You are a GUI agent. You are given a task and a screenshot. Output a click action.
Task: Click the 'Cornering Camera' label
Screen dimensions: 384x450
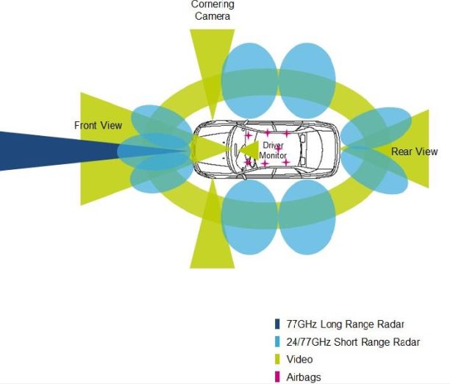[x=213, y=10]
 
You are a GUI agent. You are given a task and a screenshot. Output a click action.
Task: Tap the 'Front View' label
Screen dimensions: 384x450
[x=98, y=126]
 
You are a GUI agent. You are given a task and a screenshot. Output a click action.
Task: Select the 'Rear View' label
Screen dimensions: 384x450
[x=414, y=152]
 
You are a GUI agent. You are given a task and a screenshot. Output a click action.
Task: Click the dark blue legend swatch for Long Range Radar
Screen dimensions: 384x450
[x=277, y=324]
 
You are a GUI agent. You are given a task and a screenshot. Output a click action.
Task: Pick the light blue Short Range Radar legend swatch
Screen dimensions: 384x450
[x=277, y=341]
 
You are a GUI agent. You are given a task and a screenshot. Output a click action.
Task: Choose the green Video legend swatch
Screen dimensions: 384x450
[x=277, y=359]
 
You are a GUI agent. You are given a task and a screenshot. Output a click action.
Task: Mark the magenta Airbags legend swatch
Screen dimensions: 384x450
[x=277, y=377]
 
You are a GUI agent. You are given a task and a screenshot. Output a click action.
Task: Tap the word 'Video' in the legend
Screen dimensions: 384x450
[x=299, y=359]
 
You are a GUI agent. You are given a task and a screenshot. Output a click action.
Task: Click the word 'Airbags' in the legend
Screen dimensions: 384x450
[x=304, y=377]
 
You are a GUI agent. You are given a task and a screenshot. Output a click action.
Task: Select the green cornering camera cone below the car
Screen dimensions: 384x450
[x=213, y=235]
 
